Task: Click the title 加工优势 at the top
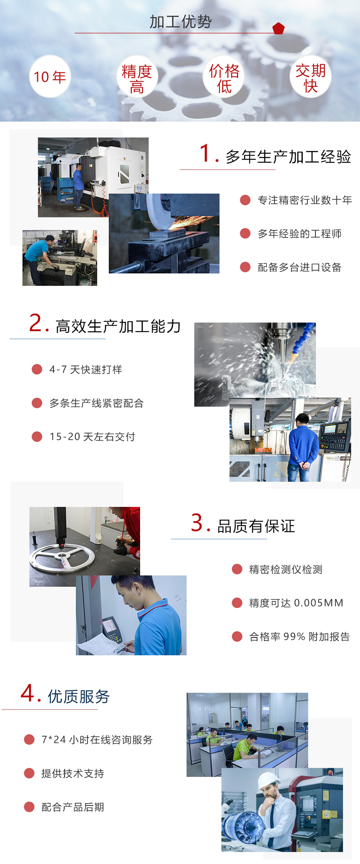point(180,22)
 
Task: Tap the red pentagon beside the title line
point(278,29)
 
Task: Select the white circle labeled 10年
point(50,77)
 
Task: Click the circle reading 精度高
point(137,77)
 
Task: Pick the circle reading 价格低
point(224,77)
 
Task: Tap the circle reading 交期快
point(311,77)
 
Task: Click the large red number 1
point(206,154)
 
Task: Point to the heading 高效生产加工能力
point(118,326)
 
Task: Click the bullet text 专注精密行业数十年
point(304,200)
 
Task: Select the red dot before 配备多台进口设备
point(245,267)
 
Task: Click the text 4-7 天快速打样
point(86,370)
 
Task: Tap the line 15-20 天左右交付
point(92,437)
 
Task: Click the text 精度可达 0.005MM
point(296,603)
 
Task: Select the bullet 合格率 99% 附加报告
point(299,637)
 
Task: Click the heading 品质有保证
point(256,526)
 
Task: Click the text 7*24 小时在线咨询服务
point(97,739)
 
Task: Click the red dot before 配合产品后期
point(29,807)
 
